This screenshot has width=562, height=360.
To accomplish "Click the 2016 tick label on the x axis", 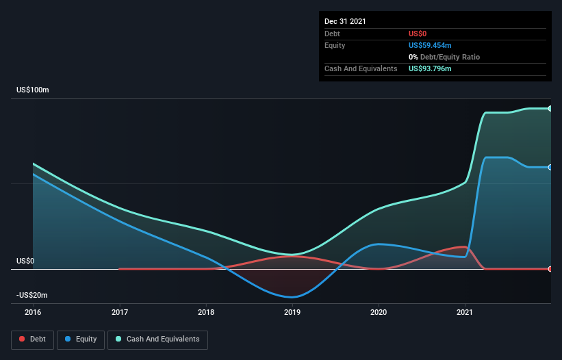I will (x=33, y=312).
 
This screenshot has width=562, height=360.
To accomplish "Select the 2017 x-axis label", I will (x=120, y=312).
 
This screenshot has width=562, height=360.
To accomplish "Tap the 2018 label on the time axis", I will (x=206, y=312).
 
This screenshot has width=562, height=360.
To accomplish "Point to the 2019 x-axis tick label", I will (x=292, y=312).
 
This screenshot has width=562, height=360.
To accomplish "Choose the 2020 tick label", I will (x=379, y=312).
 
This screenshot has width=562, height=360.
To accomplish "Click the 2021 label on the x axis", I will (x=465, y=312).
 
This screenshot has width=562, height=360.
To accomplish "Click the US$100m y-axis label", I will (x=33, y=90).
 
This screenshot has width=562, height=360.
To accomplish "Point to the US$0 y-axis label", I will (x=25, y=261).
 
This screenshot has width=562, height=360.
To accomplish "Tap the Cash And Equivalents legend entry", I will (x=157, y=339).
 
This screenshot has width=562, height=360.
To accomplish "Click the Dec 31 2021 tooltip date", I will (x=345, y=21).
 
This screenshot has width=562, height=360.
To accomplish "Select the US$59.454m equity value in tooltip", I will (x=430, y=45).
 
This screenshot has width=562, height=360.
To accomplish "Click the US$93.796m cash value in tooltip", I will (x=430, y=68).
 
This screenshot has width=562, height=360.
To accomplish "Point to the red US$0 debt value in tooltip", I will (x=418, y=34).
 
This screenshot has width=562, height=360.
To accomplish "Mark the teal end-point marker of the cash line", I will (x=550, y=109).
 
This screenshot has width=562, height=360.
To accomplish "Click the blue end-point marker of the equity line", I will (x=550, y=167).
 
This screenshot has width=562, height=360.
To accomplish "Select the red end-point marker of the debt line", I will (x=550, y=269).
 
